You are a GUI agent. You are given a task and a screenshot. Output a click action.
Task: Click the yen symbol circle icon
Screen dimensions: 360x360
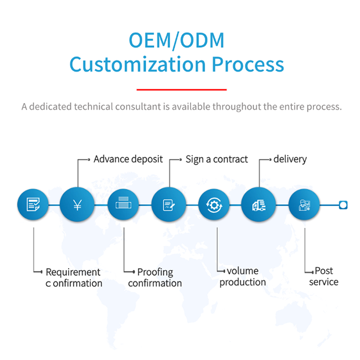tap(77, 204)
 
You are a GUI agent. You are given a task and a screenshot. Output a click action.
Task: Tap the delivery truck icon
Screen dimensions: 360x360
tap(259, 204)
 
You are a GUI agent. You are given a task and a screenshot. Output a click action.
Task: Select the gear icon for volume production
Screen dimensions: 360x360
tap(214, 204)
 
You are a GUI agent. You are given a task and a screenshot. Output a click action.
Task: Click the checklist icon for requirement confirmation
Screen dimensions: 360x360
tap(33, 204)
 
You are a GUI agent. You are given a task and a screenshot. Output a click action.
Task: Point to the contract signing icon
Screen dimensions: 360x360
tap(169, 204)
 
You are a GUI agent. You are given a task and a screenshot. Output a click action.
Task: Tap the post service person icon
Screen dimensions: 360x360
tap(304, 204)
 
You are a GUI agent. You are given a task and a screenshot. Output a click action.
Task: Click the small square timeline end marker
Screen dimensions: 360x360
tap(343, 205)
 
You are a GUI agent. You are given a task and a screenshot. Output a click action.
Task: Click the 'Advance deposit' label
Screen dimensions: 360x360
tap(128, 160)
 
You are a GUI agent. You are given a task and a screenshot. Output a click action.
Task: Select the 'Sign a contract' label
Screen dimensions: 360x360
tap(217, 160)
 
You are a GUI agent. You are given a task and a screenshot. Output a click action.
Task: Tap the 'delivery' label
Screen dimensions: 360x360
tap(290, 160)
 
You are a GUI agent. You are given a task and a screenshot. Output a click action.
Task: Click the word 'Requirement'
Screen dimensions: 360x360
tap(73, 272)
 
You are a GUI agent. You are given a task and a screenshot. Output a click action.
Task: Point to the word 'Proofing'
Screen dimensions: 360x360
tap(155, 272)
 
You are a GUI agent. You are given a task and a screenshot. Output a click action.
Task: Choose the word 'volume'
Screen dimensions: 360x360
tap(243, 271)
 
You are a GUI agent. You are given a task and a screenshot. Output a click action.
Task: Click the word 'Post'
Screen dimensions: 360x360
tap(324, 271)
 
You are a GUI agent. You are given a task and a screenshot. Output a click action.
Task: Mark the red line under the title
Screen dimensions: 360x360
tap(182, 90)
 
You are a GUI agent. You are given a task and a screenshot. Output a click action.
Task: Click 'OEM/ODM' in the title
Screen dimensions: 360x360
tap(177, 40)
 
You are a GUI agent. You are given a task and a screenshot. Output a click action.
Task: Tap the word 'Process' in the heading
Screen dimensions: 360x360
tap(248, 64)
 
